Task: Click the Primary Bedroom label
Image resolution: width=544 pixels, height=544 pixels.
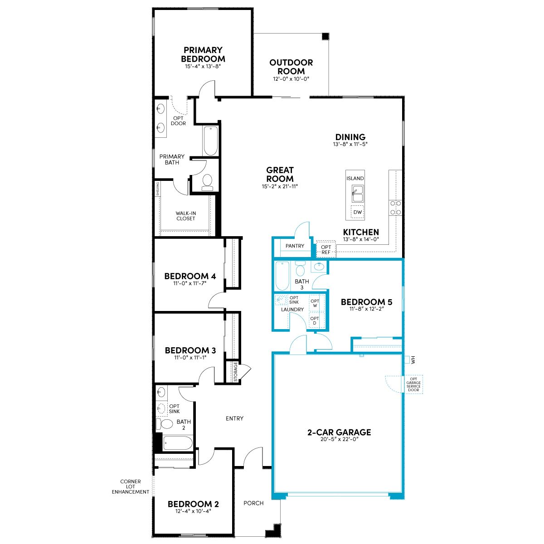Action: (x=203, y=54)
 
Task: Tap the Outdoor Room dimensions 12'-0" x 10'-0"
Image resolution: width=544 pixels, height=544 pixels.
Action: (x=291, y=79)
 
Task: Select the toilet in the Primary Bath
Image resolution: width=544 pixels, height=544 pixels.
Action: (x=208, y=182)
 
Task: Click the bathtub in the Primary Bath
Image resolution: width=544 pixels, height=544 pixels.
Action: (x=211, y=141)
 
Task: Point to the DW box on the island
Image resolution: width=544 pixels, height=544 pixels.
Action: (x=357, y=212)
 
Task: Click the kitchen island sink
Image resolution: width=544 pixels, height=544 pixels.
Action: (x=357, y=194)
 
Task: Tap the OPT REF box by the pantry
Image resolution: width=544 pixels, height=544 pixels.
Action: (x=326, y=249)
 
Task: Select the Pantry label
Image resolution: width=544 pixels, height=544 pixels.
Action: (x=295, y=246)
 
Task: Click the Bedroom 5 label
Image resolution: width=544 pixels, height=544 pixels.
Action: (x=366, y=302)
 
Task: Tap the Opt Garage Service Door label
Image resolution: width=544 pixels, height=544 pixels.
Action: (x=413, y=384)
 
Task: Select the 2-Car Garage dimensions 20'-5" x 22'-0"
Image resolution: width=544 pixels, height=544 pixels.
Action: (x=339, y=439)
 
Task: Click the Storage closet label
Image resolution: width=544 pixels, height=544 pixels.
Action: (x=236, y=372)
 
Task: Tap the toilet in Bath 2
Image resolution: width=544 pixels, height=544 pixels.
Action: (x=164, y=424)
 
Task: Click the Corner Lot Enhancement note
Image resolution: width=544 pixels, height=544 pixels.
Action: (x=131, y=486)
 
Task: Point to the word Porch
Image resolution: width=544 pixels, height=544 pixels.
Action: (x=253, y=503)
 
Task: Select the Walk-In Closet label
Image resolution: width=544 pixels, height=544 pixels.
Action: (x=186, y=216)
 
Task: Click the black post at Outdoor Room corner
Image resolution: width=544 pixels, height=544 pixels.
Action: (x=326, y=36)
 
